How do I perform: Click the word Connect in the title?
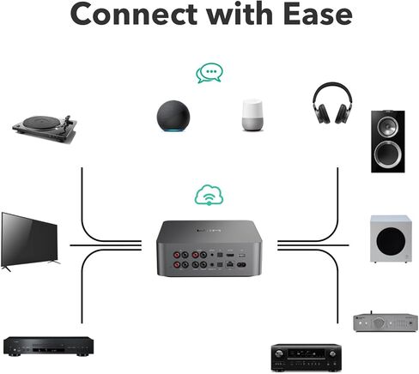(134, 15)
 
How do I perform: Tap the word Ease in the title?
(319, 15)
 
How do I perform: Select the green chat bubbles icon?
(209, 73)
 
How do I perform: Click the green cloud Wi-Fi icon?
(209, 195)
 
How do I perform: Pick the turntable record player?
(45, 129)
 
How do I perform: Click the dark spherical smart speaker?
(173, 116)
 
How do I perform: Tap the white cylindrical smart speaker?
(252, 115)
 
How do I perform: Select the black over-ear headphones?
(332, 103)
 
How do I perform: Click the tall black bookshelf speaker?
(388, 142)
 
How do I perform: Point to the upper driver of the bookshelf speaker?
(387, 126)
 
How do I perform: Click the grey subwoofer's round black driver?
(391, 242)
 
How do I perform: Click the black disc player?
(48, 347)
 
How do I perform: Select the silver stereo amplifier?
(386, 322)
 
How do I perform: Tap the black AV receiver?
(306, 358)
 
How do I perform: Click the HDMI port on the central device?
(230, 255)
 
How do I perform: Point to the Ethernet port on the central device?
(230, 264)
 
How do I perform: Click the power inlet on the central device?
(241, 265)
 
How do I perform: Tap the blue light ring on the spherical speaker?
(173, 130)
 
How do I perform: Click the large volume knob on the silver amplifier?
(379, 323)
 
